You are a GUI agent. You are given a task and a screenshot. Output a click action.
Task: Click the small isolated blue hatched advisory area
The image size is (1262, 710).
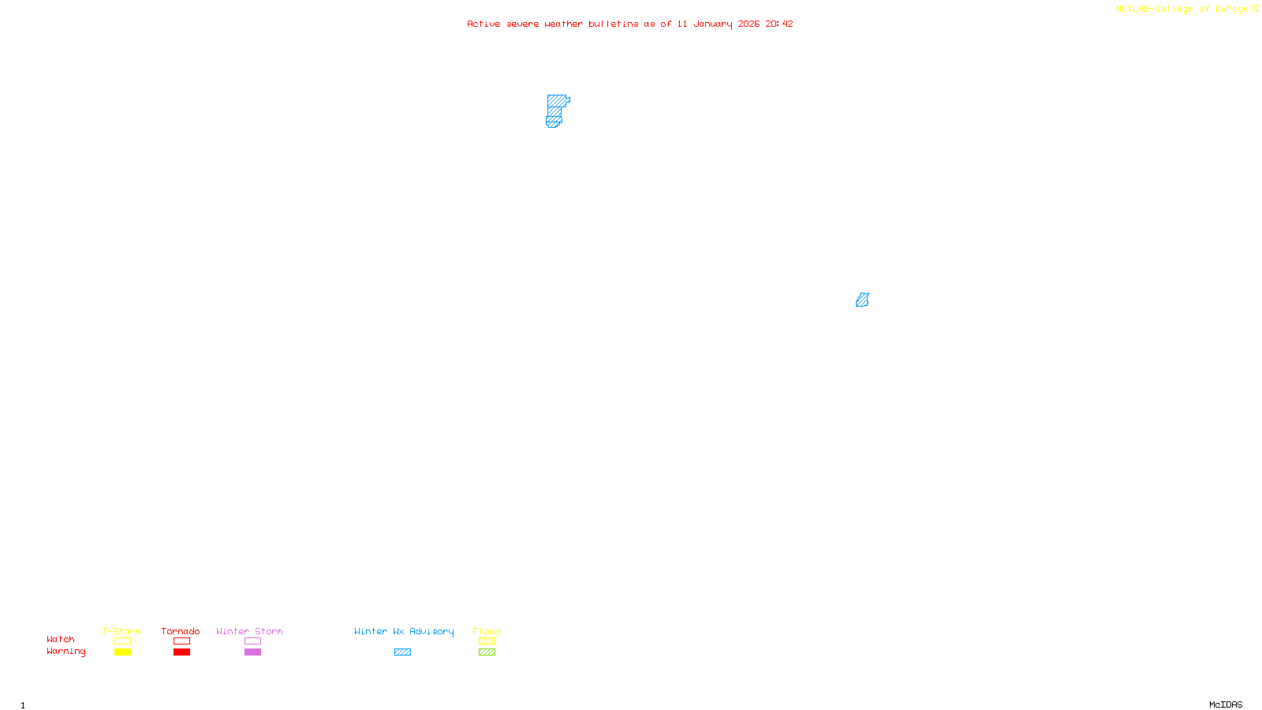pos(862,300)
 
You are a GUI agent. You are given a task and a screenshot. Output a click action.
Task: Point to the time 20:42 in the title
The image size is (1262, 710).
pos(779,24)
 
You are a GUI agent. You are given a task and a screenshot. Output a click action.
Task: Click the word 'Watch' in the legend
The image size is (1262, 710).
pos(61,640)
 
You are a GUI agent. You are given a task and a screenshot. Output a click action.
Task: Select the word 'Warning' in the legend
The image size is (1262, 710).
pos(65,652)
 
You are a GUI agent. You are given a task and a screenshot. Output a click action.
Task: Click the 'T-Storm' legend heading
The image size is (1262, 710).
pos(121,631)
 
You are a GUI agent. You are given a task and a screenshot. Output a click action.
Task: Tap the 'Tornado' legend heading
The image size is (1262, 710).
pos(181,631)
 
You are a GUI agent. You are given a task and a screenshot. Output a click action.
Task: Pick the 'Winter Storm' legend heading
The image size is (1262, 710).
pos(249,631)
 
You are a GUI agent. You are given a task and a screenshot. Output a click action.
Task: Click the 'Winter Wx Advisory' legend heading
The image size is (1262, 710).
pos(404,631)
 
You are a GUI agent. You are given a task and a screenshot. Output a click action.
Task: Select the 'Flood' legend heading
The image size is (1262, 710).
pos(487,631)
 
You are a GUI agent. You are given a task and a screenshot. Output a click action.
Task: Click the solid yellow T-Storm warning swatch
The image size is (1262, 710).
pos(122,652)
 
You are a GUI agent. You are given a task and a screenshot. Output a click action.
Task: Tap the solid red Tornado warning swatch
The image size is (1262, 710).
pos(181,652)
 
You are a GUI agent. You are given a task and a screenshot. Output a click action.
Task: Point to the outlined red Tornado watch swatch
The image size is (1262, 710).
pos(181,641)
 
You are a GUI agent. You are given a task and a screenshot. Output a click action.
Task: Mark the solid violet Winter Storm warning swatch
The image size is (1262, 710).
pos(252,652)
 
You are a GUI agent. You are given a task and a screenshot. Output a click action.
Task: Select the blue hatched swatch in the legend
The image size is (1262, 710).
pos(402,652)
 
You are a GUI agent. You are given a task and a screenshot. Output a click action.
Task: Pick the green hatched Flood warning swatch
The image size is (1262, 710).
pos(487,652)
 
